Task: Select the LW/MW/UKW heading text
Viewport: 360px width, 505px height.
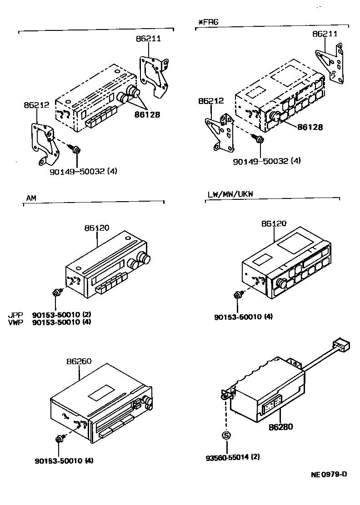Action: coord(230,194)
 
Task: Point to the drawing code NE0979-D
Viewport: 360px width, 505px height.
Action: coord(329,475)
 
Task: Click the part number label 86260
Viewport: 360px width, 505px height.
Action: coord(80,361)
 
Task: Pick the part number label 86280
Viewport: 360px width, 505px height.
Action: coord(280,426)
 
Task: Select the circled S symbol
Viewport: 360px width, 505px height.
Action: coord(226,436)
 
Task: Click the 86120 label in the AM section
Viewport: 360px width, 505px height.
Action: coord(97,228)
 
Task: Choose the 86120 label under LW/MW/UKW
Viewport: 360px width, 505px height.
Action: coord(274,223)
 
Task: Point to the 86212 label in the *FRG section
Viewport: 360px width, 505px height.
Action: coord(210,101)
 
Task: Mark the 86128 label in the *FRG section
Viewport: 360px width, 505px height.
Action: coord(310,127)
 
